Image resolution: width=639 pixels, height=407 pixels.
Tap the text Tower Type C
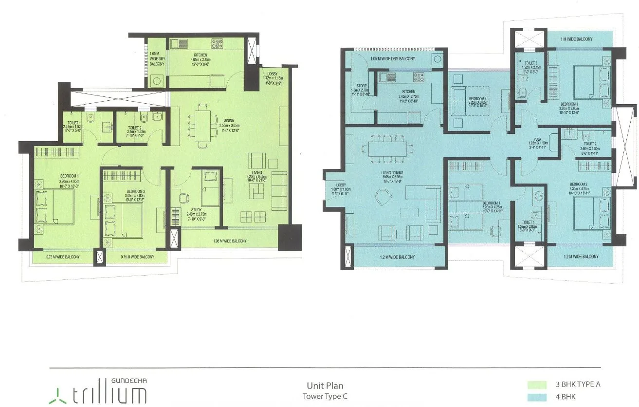(325, 395)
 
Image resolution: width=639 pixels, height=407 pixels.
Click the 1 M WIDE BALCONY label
(576, 39)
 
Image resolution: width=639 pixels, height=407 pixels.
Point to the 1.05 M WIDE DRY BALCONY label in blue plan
(392, 59)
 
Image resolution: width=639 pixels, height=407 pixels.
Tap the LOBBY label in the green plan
(273, 74)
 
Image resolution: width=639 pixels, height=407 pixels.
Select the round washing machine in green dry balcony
(157, 81)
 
